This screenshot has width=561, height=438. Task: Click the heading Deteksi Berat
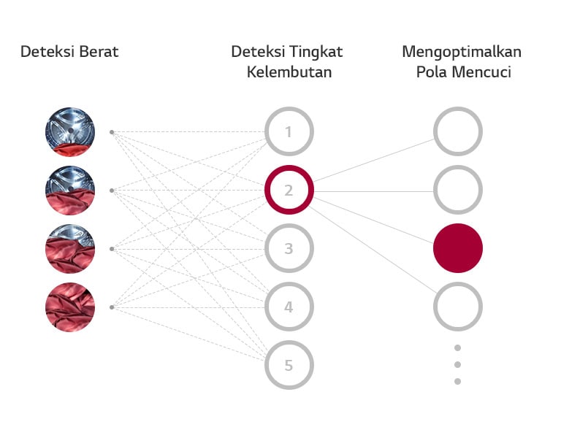[69, 52]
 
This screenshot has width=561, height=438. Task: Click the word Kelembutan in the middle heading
[289, 72]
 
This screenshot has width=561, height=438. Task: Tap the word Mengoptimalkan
[462, 52]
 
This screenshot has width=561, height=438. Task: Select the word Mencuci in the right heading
[485, 72]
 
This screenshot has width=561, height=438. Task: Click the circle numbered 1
[289, 132]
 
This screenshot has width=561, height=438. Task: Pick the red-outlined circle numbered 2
[289, 191]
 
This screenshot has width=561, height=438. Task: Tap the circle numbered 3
[289, 249]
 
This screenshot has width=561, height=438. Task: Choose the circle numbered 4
[289, 307]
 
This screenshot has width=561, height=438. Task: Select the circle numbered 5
[289, 365]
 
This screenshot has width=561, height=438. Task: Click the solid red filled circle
[458, 248]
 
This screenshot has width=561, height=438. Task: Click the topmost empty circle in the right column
[458, 132]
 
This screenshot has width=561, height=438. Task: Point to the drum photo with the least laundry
[70, 132]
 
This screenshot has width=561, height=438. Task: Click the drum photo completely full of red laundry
[70, 307]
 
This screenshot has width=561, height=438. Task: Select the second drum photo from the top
[70, 191]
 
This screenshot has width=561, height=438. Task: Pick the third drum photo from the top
[70, 249]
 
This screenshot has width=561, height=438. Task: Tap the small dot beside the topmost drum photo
[111, 132]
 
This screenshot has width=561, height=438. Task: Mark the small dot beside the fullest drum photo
[111, 307]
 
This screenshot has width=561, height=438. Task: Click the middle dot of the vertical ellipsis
[458, 364]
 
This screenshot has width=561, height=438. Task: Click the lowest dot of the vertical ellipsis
[458, 381]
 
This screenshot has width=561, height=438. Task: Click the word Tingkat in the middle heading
[317, 52]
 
